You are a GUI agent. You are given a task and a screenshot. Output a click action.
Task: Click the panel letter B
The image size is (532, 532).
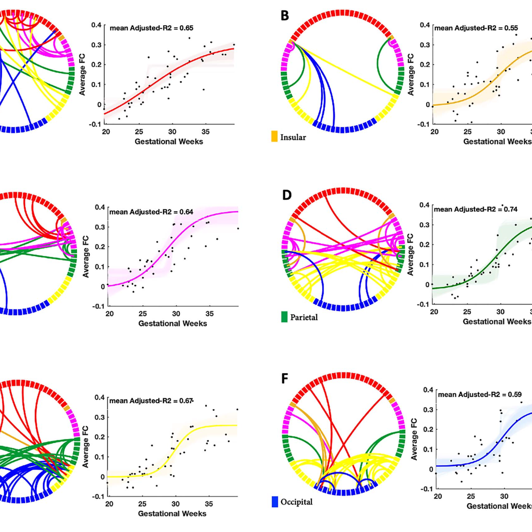285,16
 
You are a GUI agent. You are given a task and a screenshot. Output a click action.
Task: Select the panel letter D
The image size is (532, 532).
286,195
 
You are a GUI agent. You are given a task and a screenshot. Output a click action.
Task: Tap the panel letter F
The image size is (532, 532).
285,379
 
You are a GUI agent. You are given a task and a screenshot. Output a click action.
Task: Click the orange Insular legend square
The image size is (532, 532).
274,137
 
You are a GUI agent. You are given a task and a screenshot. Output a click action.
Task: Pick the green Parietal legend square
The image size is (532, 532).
284,317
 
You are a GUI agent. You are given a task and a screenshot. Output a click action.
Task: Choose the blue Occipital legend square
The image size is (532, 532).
275,502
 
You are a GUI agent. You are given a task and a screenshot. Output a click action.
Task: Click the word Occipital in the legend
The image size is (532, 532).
296,502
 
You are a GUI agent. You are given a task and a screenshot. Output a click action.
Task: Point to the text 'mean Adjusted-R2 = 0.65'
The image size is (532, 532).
152,28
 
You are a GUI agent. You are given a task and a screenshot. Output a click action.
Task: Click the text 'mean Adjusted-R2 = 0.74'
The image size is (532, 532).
475,209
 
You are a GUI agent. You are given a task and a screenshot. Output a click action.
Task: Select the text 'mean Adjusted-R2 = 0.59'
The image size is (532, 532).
479,394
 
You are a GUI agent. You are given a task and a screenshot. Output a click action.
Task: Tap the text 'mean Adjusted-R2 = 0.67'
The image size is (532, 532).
151,401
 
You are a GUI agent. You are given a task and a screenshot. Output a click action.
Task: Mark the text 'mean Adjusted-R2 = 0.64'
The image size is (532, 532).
151,212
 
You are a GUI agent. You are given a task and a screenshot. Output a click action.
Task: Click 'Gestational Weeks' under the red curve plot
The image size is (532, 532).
168,141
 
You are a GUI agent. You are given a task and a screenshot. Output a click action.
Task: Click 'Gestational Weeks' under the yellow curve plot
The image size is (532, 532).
172,514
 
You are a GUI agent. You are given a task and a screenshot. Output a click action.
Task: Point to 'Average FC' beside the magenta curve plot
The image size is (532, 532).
86,256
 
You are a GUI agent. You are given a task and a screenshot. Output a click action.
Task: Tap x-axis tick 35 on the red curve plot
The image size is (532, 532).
205,131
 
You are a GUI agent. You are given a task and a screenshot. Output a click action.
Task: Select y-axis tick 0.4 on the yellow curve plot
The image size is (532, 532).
100,397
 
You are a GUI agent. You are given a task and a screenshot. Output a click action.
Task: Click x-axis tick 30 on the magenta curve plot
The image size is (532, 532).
176,313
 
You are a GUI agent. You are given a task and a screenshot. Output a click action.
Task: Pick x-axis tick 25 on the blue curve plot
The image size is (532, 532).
471,496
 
